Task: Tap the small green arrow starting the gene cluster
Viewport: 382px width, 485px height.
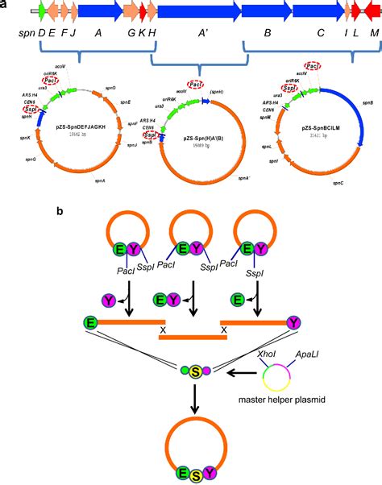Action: [x=35, y=12]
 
